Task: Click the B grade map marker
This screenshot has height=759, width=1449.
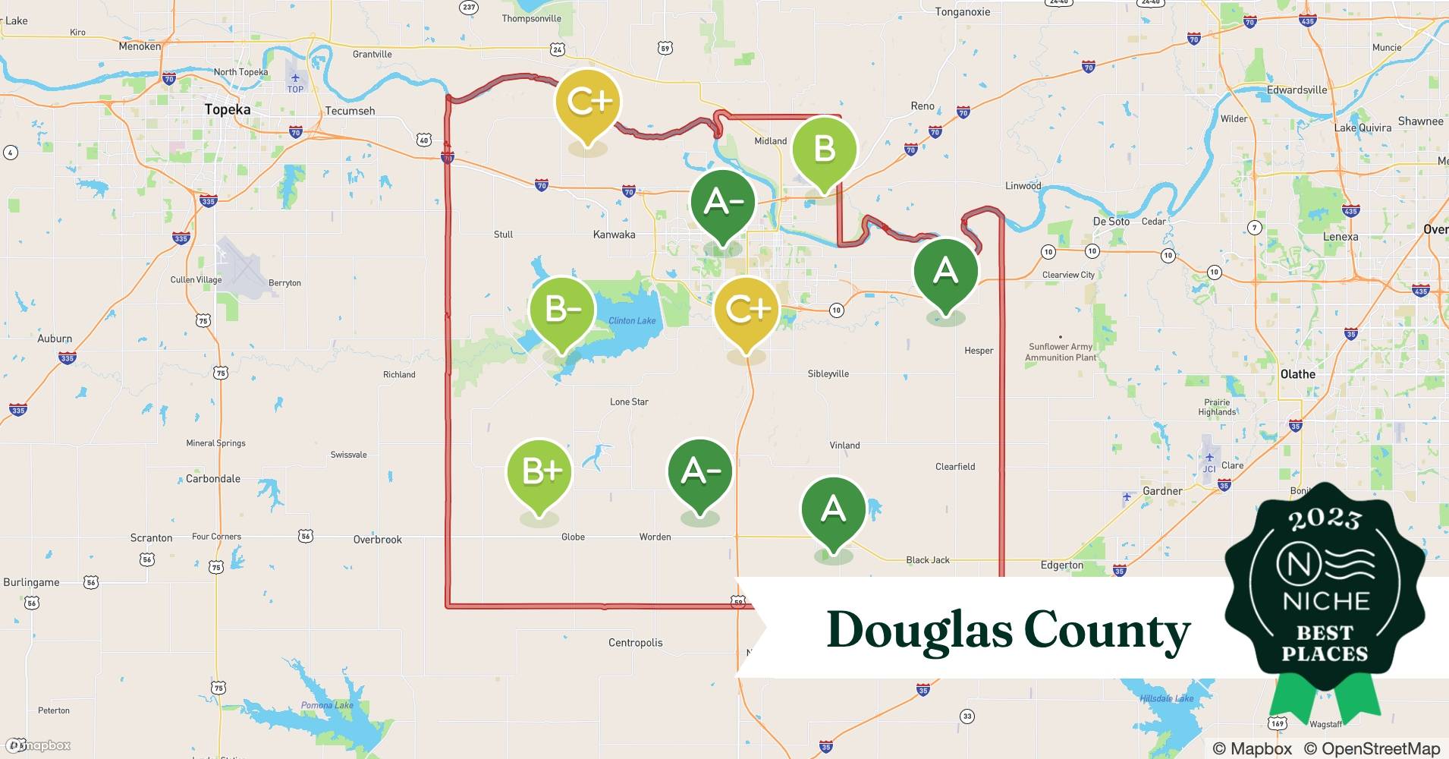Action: point(824,150)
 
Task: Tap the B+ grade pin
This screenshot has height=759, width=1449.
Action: point(539,471)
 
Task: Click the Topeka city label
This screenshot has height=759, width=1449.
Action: point(227,109)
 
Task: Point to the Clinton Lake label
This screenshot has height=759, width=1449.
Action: point(632,320)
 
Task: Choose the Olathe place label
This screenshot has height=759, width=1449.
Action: point(1297,374)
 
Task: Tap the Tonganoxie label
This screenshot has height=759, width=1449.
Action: point(963,12)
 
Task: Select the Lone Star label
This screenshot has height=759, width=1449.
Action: point(629,402)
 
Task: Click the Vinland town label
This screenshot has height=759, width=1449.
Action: point(844,446)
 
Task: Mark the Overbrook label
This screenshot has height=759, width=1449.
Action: point(377,540)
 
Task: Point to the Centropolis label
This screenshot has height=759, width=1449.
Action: point(635,643)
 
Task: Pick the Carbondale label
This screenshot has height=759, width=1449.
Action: point(213,479)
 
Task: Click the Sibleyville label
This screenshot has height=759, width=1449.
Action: point(828,374)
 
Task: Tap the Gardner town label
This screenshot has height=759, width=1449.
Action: point(1162,491)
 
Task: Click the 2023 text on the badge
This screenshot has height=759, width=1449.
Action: point(1325,519)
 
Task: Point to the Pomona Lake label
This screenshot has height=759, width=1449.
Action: point(327,705)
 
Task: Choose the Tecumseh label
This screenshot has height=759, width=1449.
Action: point(350,111)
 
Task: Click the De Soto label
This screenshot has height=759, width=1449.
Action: point(1111,222)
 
